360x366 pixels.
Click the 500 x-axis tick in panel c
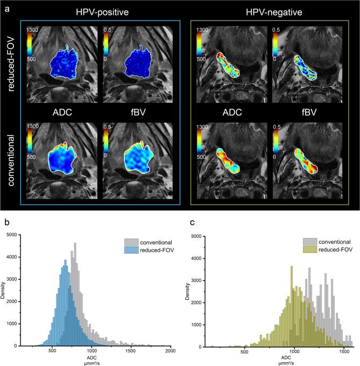click(x=244, y=351)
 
